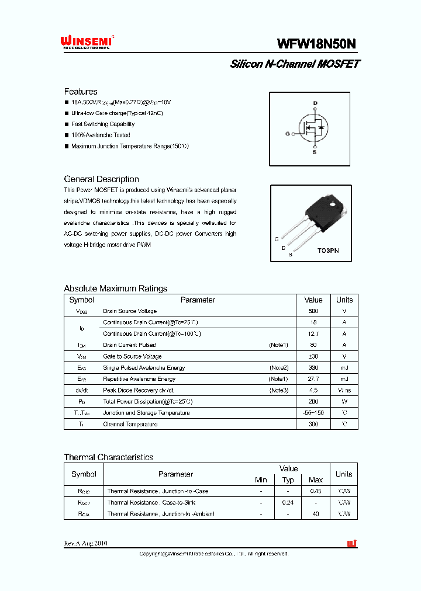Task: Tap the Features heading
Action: click(x=81, y=92)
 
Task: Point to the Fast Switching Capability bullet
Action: click(x=103, y=124)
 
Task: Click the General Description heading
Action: click(x=101, y=179)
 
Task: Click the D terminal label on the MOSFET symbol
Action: click(x=315, y=103)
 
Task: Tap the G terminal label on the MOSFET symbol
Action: click(x=288, y=134)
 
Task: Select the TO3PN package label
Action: click(x=328, y=250)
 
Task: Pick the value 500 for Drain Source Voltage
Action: click(x=313, y=311)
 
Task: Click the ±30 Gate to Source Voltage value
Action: click(x=313, y=356)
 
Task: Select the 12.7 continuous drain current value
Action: click(x=313, y=334)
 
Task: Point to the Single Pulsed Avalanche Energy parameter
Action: click(x=144, y=368)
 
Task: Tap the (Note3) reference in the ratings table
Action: click(x=278, y=390)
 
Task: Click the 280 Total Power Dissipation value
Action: click(x=313, y=402)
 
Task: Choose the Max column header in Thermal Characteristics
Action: click(x=316, y=480)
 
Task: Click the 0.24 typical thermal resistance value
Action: click(x=288, y=503)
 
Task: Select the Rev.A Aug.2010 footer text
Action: click(x=85, y=544)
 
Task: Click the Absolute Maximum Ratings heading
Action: click(x=115, y=288)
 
